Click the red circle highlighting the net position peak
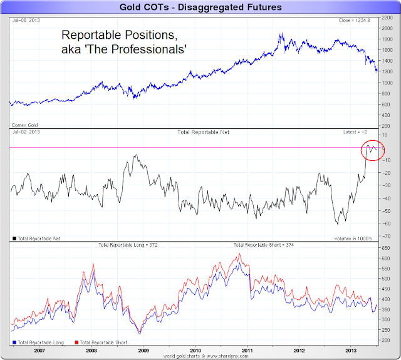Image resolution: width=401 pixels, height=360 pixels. (373, 150)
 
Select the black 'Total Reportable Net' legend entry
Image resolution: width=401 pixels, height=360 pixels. (36, 239)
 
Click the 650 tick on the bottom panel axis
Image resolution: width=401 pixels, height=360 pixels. (387, 249)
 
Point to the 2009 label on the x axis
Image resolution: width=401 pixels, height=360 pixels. (143, 352)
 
